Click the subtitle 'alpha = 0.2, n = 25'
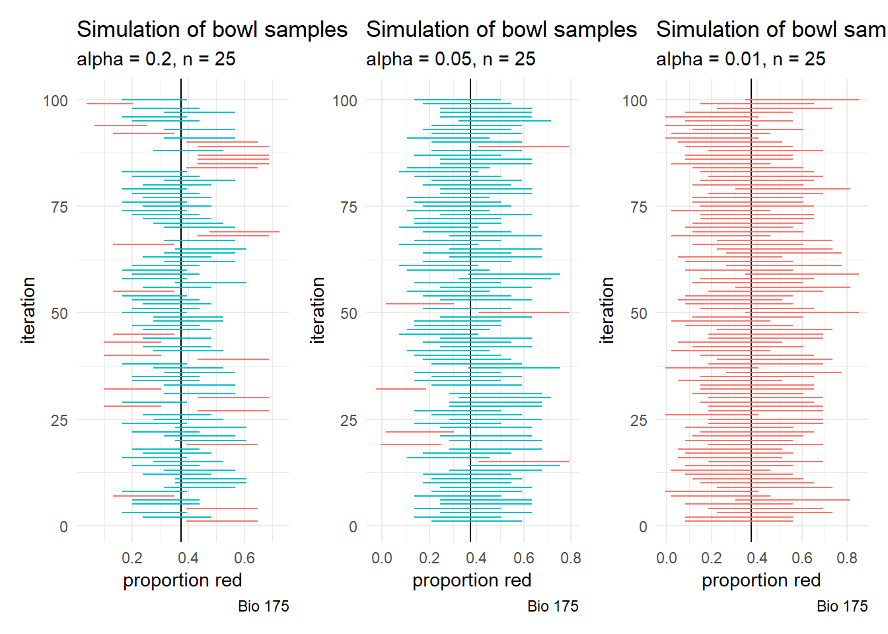tap(156, 59)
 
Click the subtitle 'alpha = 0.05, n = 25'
tap(451, 59)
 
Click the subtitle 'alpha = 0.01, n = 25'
tap(741, 59)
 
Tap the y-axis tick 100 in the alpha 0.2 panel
tap(55, 101)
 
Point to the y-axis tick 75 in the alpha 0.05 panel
tap(349, 207)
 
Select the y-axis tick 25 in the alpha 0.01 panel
tap(638, 421)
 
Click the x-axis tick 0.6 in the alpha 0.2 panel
tap(244, 558)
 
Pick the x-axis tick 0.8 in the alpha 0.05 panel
tap(571, 558)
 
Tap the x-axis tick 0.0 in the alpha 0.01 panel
tap(666, 558)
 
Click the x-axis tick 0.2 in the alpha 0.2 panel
tap(132, 558)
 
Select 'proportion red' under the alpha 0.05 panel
tap(472, 581)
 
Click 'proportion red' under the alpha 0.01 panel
tap(761, 581)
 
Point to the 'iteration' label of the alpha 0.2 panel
tap(28, 310)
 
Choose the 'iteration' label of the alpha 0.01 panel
tap(607, 310)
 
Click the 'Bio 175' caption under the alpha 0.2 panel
tap(264, 606)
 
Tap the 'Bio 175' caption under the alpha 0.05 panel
tap(553, 606)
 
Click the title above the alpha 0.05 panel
tap(501, 30)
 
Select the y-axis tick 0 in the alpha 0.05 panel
tap(353, 527)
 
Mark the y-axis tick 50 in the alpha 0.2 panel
tap(59, 314)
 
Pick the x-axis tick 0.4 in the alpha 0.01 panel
tap(757, 558)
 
